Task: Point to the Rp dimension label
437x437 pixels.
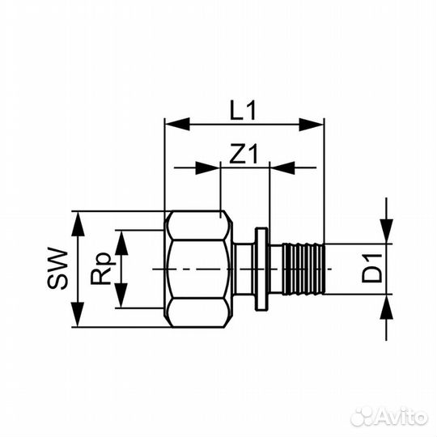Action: pos(101,269)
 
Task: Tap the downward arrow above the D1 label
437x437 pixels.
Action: pos(388,230)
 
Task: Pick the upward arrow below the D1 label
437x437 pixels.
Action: pos(388,308)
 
